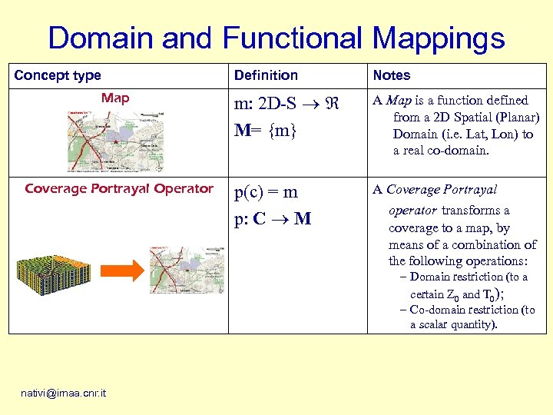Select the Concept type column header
coord(58,75)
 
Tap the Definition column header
coord(266,75)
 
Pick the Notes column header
coord(392,75)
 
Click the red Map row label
coord(115,98)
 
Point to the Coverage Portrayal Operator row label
coord(118,188)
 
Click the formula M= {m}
coord(266,131)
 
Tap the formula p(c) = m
coord(266,192)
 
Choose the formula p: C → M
coord(273,219)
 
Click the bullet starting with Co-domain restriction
coord(467,317)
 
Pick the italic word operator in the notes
coord(412,211)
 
